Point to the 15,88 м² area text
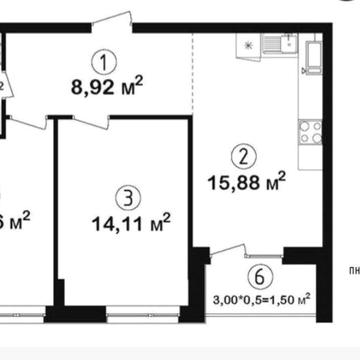[246, 182]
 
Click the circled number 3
[122, 195]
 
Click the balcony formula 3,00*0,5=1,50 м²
[261, 297]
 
